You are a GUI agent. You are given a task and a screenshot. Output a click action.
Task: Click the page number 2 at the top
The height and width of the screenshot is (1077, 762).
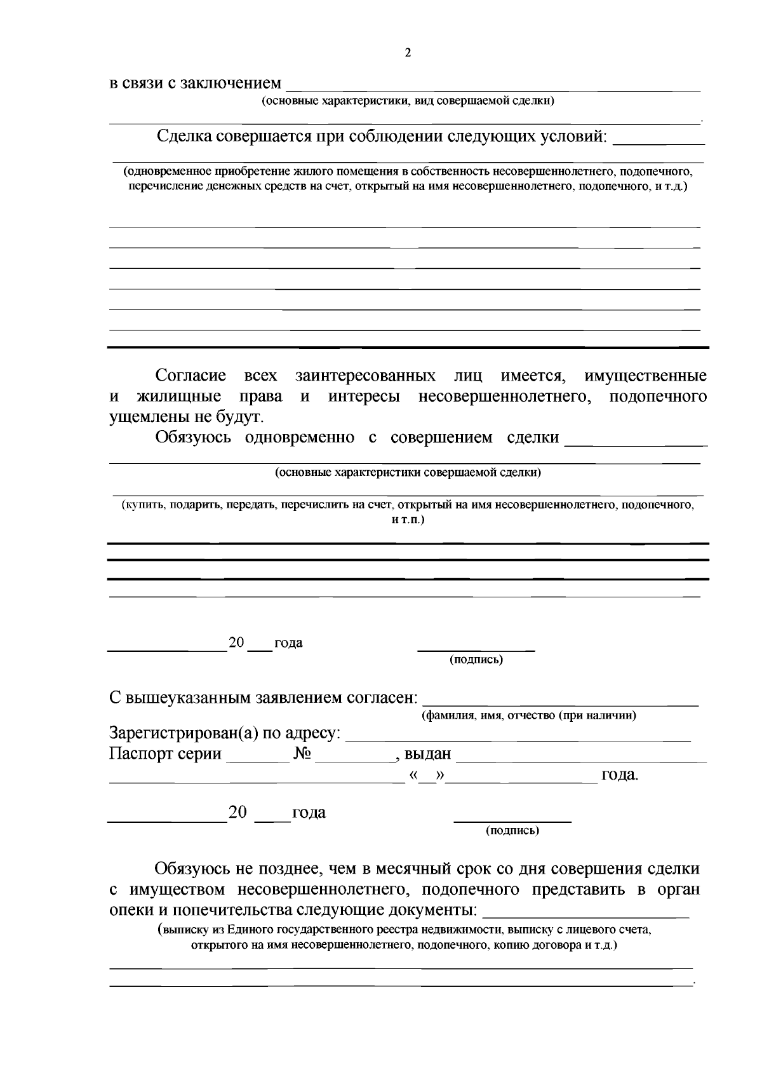coord(408,53)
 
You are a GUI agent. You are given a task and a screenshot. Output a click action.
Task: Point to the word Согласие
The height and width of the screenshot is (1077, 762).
coord(190,376)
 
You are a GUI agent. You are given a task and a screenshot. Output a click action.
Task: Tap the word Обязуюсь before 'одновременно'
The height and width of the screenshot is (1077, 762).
coord(193,437)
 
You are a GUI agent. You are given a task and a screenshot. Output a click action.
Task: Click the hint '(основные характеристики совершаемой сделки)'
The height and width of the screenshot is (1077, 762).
coord(408,473)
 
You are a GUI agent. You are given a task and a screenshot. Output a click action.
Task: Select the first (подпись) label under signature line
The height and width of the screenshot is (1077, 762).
coord(476,660)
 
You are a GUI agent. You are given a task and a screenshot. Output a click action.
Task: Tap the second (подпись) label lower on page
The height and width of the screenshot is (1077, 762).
coord(512,830)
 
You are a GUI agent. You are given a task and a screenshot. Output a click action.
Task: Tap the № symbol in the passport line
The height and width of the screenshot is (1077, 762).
coord(302,754)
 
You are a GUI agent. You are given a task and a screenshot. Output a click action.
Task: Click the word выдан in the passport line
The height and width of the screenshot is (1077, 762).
coord(427,754)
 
